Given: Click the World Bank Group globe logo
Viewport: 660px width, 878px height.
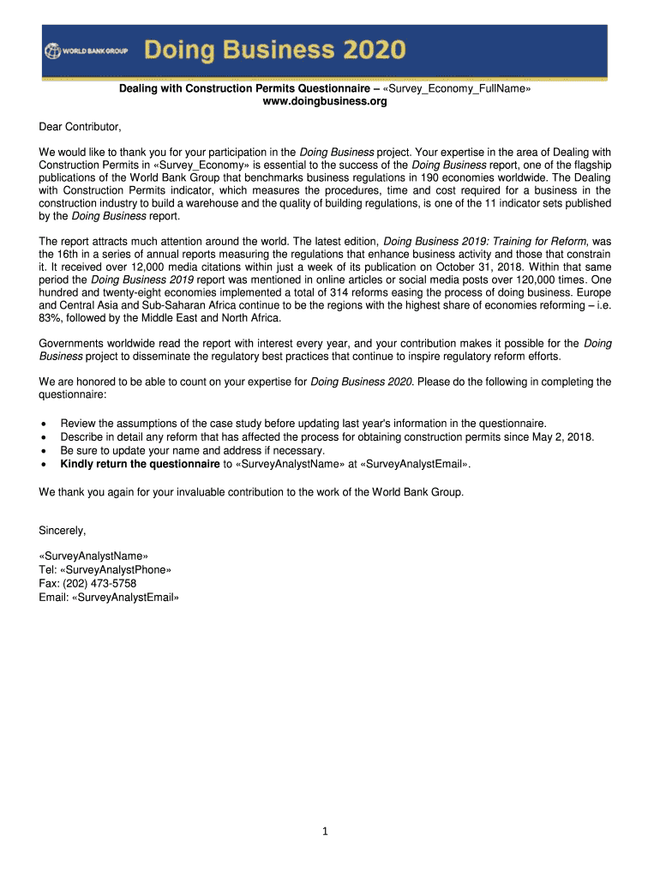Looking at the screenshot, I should (x=51, y=51).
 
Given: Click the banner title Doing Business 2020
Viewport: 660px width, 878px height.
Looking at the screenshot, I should (x=274, y=51).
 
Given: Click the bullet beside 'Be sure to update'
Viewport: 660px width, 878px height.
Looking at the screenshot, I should (x=43, y=451).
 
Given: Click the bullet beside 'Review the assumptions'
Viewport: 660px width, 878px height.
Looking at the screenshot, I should (x=43, y=424).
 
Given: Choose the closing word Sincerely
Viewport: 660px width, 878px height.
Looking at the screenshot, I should (x=63, y=530).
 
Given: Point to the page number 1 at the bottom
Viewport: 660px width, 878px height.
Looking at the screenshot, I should (x=327, y=831).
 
